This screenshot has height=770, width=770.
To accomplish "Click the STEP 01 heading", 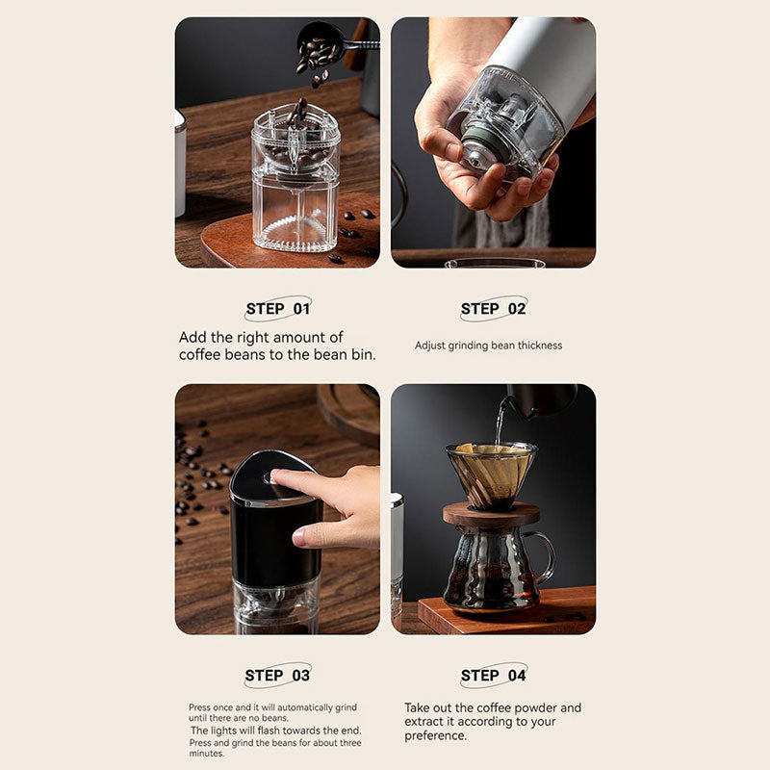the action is [278, 309].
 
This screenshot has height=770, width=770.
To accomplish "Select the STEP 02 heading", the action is [493, 309].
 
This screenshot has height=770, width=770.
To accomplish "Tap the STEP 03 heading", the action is [277, 676].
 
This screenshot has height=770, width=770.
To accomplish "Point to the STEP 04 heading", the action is [493, 676].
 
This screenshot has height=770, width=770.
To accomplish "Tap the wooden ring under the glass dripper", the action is [491, 515].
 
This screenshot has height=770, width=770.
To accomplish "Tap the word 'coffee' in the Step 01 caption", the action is [199, 354].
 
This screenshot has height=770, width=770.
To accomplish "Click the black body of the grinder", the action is [275, 540].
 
